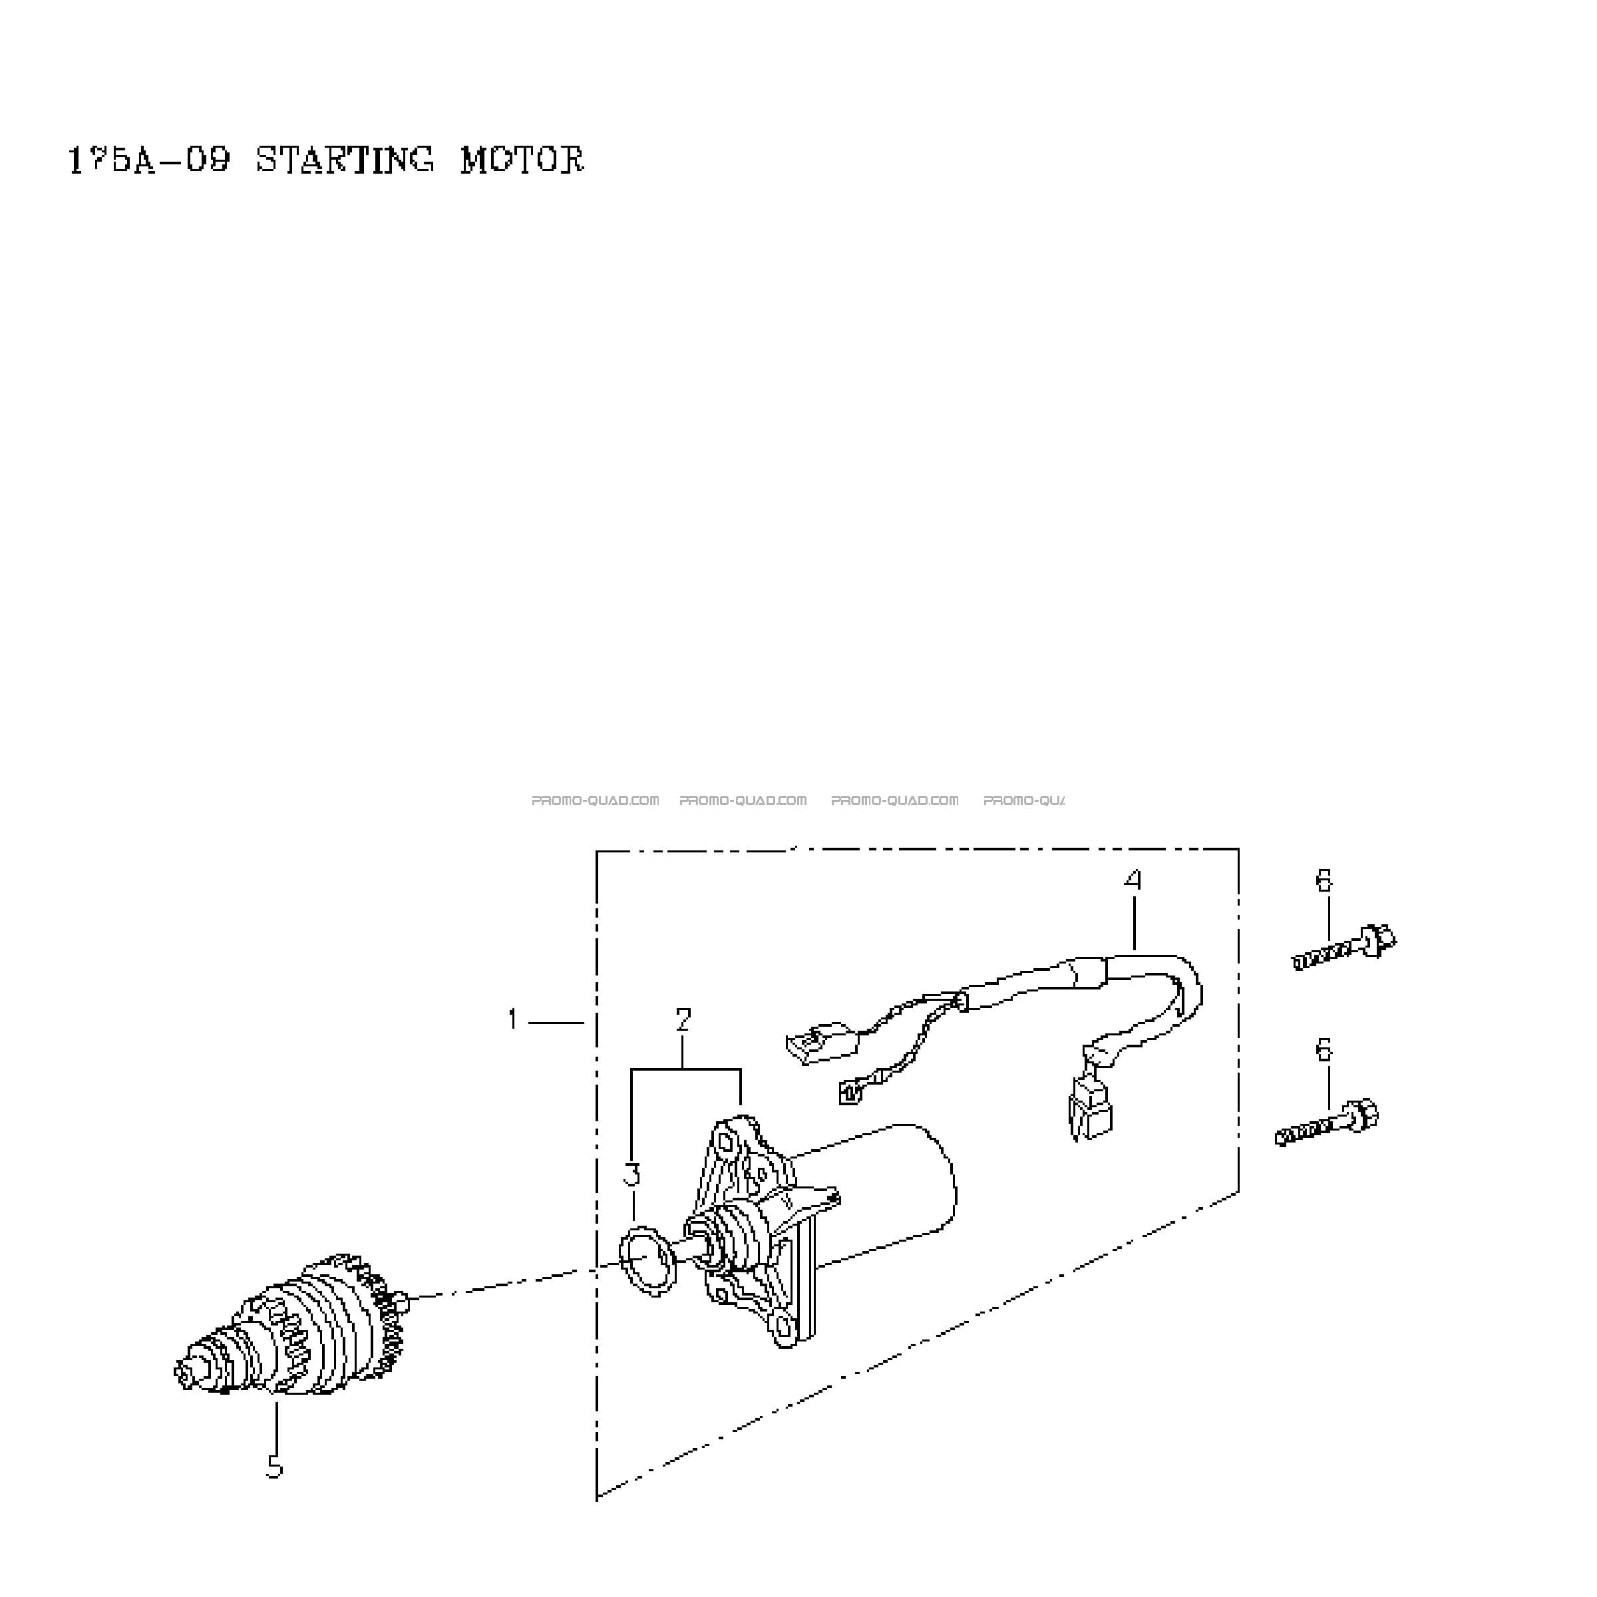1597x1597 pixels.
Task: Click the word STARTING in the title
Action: point(345,160)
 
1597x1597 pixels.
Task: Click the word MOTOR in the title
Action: point(522,160)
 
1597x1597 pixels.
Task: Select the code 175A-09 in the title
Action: point(149,160)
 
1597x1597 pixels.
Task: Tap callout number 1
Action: point(513,1019)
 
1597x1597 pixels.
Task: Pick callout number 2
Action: point(683,1020)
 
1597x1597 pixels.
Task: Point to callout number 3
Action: point(631,1174)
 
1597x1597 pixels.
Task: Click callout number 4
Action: point(1133,880)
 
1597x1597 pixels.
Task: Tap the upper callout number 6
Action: point(1324,880)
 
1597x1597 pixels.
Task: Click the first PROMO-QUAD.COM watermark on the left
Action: point(595,800)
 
